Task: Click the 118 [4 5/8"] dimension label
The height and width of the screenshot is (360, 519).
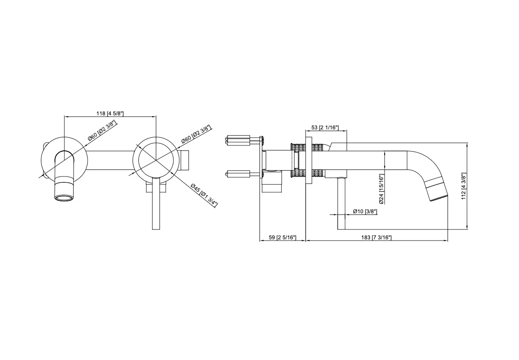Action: coord(110,113)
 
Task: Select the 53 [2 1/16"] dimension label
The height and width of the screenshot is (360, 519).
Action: coord(325,127)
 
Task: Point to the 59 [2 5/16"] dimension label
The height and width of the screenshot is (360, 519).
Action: coord(283,237)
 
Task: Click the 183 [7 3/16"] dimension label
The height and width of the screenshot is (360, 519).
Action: coord(376,237)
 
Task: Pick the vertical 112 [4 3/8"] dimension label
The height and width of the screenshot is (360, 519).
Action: coord(463,186)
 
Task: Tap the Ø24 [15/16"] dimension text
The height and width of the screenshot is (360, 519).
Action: coord(381,189)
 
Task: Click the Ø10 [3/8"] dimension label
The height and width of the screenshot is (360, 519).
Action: coord(365,211)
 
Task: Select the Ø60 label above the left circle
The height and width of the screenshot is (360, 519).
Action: coord(102,131)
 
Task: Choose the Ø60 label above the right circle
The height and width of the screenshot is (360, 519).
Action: coord(196,134)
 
